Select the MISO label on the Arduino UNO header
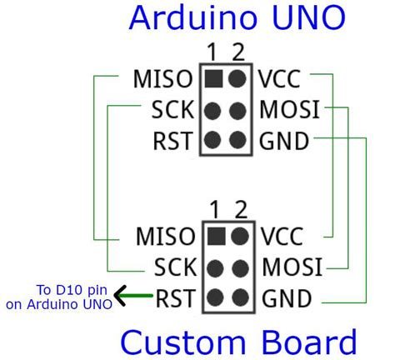164,81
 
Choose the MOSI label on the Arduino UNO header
289,110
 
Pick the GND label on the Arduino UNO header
284,139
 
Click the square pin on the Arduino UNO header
212,80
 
